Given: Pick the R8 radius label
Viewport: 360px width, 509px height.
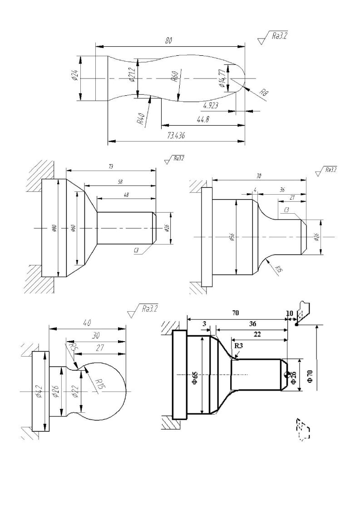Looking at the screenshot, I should click(263, 94).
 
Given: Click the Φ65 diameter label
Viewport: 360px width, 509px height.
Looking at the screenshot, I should click(194, 375).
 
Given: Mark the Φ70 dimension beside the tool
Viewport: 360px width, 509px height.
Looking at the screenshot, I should click(310, 376).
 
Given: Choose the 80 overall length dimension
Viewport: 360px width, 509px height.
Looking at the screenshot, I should click(169, 41).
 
